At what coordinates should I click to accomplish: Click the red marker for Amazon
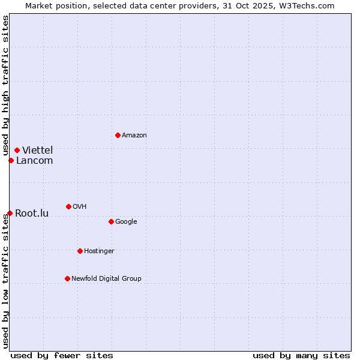(118, 135)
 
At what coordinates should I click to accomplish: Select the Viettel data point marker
(17, 150)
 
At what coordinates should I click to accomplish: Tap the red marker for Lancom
(11, 160)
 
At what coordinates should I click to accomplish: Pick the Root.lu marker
(10, 213)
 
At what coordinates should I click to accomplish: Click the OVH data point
(68, 206)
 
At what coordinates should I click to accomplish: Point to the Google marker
(111, 221)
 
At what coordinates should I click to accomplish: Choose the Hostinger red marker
(80, 251)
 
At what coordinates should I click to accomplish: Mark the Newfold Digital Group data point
(67, 278)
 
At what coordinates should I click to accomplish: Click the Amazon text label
(134, 136)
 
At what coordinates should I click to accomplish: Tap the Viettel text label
(38, 150)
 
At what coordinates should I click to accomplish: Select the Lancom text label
(35, 160)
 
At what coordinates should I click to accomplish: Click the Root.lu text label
(32, 213)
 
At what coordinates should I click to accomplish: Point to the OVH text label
(80, 207)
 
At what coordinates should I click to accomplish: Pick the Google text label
(126, 222)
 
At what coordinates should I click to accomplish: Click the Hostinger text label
(99, 251)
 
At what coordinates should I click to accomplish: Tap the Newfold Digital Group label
(106, 278)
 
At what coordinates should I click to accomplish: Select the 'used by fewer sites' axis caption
(62, 355)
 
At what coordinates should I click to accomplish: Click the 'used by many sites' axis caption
(301, 355)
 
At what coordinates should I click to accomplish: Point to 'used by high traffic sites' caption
(5, 86)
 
